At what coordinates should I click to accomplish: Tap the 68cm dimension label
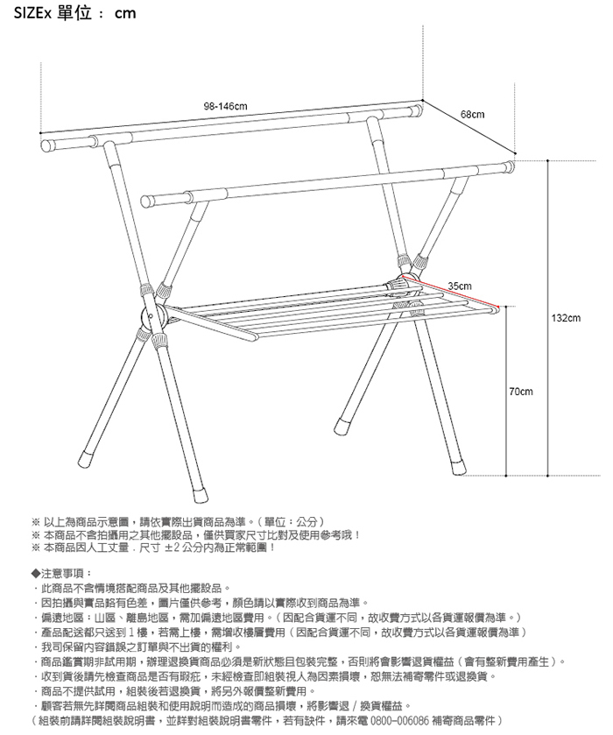point(473,117)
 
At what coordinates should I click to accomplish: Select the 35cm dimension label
point(459,286)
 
